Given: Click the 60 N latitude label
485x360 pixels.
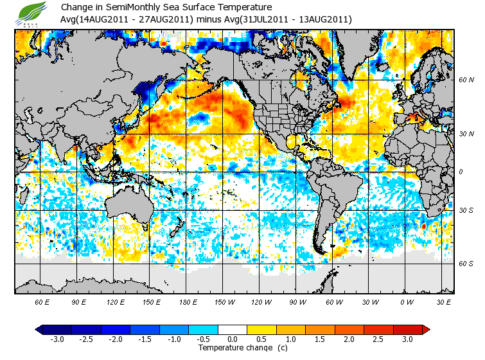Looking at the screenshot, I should tap(466, 80).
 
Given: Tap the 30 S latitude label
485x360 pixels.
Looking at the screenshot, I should tap(466, 210).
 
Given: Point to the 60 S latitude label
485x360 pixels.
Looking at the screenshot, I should tap(466, 263).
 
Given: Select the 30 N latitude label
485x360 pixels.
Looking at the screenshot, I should tap(466, 133).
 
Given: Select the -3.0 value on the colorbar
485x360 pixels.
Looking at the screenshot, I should tap(57, 339).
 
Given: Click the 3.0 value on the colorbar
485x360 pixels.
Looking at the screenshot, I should tap(408, 339).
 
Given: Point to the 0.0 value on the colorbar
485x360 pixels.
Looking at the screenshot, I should tap(233, 339).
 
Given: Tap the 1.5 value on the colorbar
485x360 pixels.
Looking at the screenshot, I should tap(320, 339).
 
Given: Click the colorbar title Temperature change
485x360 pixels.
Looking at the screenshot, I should tap(234, 348).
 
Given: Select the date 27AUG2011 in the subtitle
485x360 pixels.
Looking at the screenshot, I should tap(169, 19).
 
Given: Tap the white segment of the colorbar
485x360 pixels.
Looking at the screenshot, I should tap(233, 330).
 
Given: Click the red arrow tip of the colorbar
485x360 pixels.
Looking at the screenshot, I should tap(426, 330).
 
